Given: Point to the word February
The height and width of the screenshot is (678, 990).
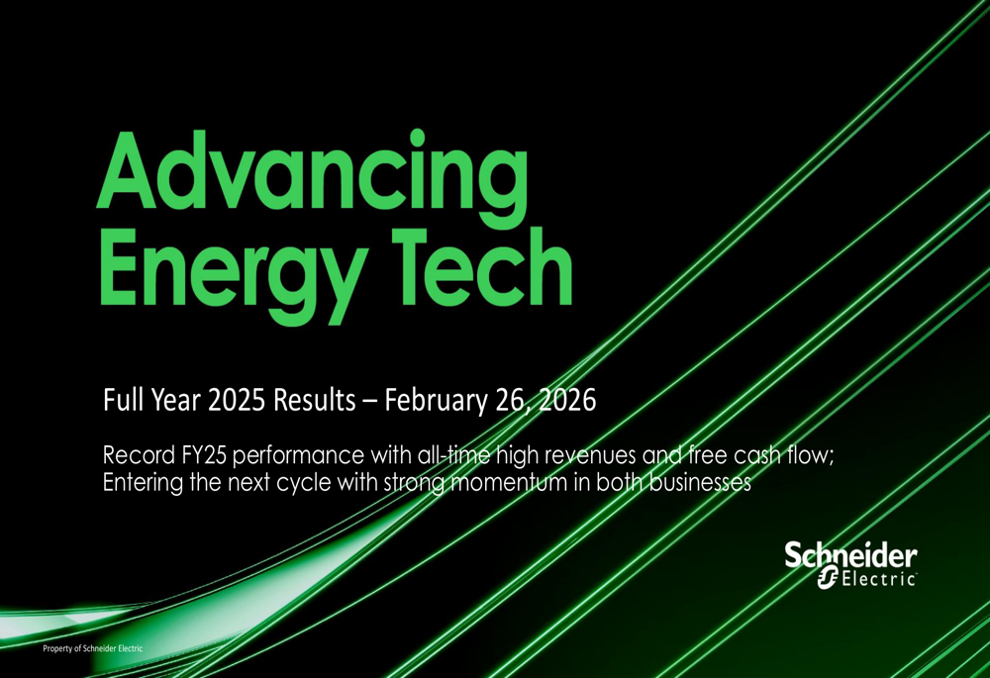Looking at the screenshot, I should coord(435,401).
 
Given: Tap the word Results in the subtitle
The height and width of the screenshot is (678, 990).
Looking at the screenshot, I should coord(314,401).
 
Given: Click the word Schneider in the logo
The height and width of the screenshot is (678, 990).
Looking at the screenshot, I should coord(850,556).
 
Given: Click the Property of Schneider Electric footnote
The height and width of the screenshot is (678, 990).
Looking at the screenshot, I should coord(92,648).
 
